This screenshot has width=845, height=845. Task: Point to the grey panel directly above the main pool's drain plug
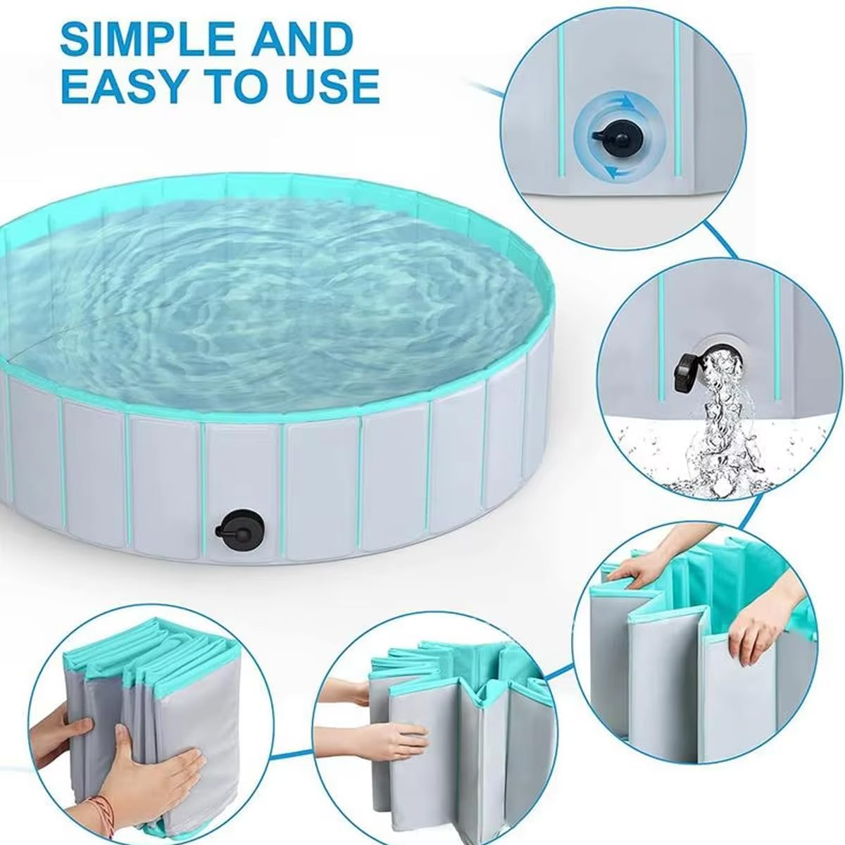point(243,465)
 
